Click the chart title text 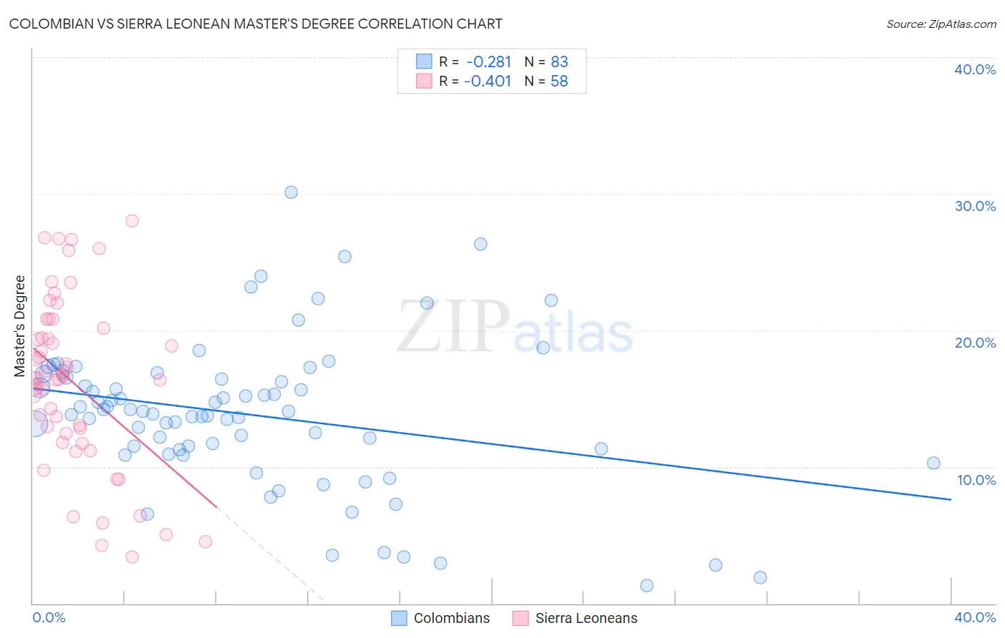256,24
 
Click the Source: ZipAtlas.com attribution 941,24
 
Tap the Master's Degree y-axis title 20,326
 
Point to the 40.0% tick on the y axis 975,69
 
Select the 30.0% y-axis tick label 975,206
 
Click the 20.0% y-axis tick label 975,343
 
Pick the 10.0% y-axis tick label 976,480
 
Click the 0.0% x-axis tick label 49,617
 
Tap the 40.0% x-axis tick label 975,617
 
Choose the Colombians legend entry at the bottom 441,618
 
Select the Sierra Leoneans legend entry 575,618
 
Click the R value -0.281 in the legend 489,62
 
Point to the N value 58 559,82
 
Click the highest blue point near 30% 291,192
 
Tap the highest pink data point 132,221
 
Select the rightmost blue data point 934,463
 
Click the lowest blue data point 647,586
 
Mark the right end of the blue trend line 951,499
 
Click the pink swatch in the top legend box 424,81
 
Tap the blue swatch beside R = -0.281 424,62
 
